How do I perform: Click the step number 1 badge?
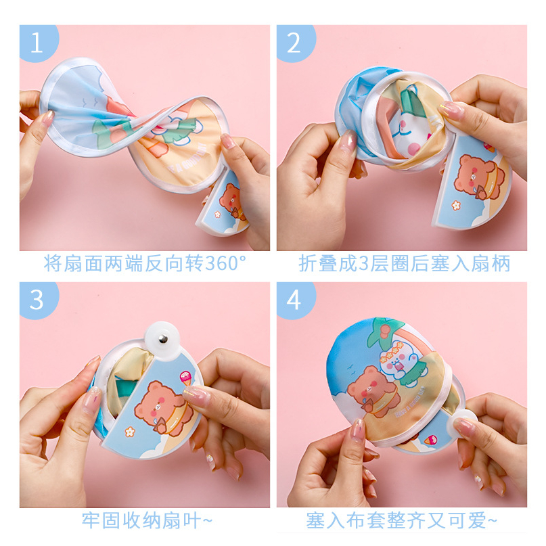(x=39, y=43)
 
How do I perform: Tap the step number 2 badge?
(x=295, y=43)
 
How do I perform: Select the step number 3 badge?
(x=39, y=300)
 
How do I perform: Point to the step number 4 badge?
(x=295, y=300)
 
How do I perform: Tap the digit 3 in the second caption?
(x=363, y=264)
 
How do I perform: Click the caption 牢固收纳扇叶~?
(x=147, y=520)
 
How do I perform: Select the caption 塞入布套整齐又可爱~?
(x=401, y=520)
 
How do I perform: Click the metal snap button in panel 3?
(x=162, y=338)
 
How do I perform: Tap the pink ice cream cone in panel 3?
(x=186, y=378)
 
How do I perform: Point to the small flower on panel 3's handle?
(x=129, y=432)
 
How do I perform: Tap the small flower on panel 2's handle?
(x=456, y=206)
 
